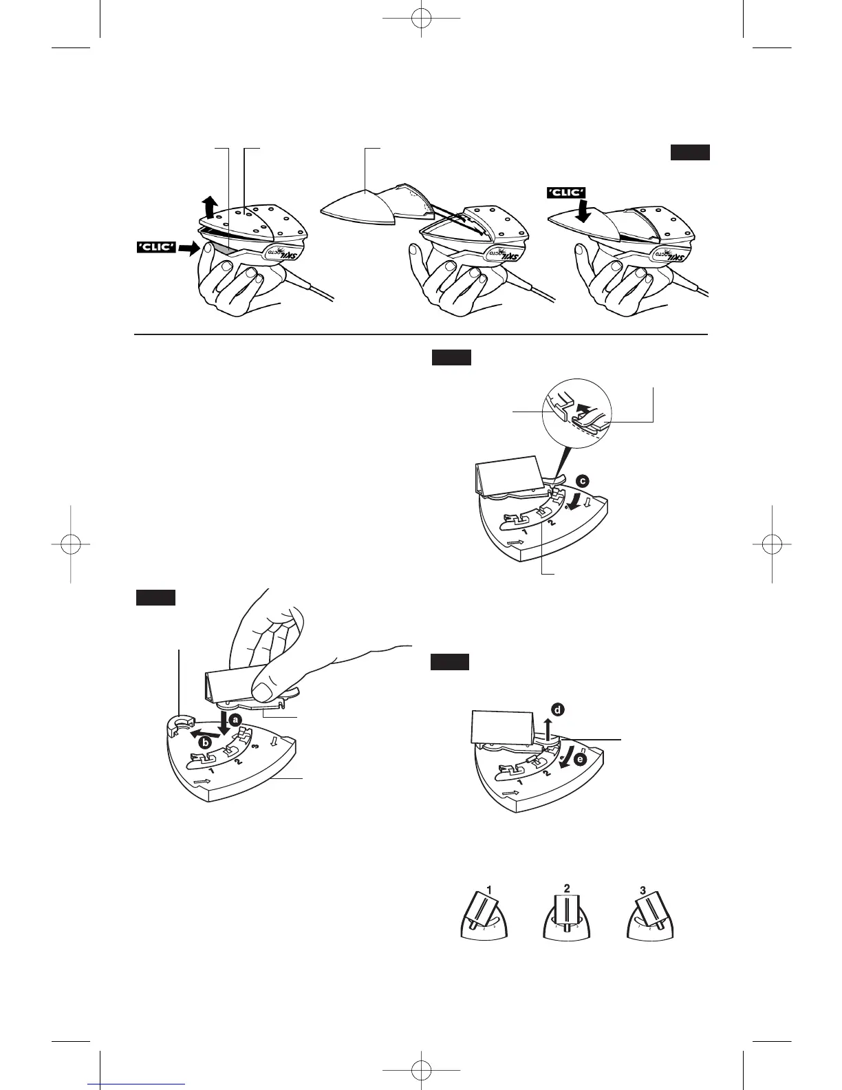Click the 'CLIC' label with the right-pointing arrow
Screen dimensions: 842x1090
tap(156, 246)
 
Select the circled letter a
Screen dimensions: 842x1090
tap(235, 720)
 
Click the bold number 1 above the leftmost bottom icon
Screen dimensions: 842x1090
tap(488, 890)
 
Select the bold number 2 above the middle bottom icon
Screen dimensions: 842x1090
tap(567, 888)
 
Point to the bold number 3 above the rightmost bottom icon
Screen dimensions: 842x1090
tap(643, 890)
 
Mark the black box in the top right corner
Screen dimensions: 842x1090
tap(690, 153)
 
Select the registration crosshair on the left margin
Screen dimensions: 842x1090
tap(71, 544)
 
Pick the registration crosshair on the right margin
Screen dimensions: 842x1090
tap(771, 544)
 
